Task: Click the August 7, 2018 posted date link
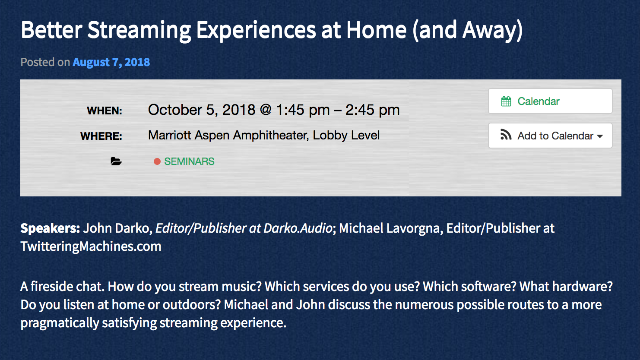click(111, 62)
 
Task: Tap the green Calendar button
click(550, 101)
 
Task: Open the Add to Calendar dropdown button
click(550, 136)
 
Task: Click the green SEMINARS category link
click(189, 161)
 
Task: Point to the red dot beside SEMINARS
click(157, 161)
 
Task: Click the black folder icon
click(116, 161)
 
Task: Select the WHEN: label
click(105, 111)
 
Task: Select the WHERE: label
click(101, 136)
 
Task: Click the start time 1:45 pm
click(303, 110)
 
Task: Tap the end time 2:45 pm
click(372, 110)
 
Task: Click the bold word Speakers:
click(50, 228)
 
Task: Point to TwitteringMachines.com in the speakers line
click(91, 246)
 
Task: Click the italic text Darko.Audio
click(298, 228)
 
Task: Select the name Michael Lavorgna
click(391, 228)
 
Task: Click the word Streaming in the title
click(139, 30)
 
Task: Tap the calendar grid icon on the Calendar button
click(506, 101)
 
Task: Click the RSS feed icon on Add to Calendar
click(506, 135)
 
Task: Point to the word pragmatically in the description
click(60, 323)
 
